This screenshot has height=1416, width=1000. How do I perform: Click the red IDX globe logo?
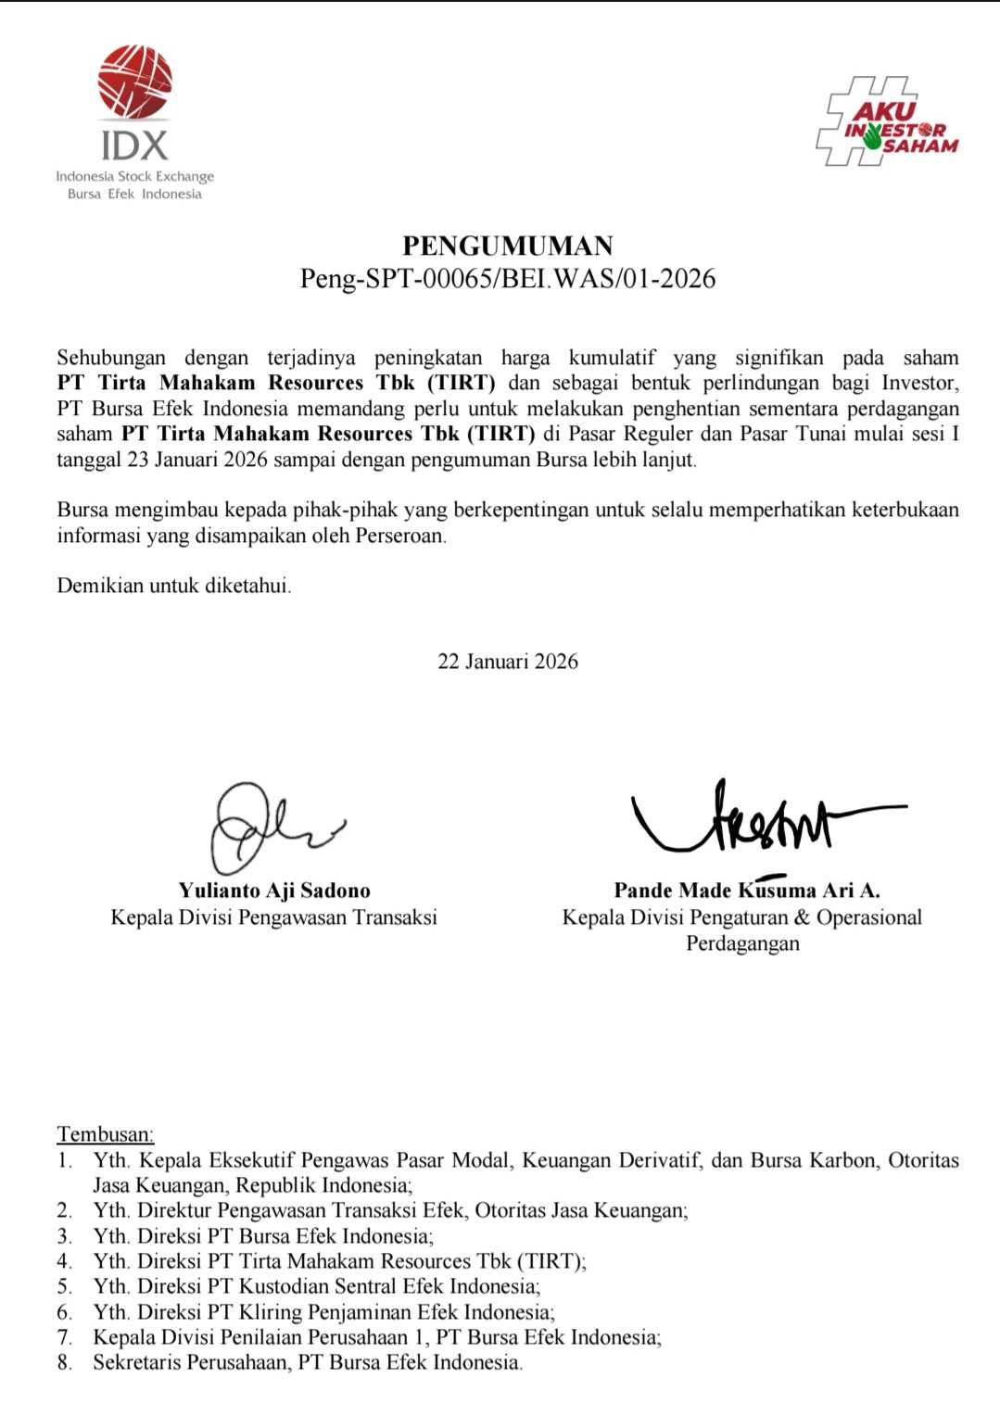[x=135, y=82]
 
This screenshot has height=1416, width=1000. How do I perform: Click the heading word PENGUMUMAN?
[x=508, y=246]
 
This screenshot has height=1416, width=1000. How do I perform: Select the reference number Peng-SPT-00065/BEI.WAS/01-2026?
[x=508, y=278]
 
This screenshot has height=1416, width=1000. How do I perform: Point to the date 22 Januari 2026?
[x=508, y=661]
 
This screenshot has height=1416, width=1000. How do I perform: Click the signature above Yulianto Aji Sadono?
[x=269, y=825]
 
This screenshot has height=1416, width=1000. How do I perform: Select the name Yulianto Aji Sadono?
[x=274, y=891]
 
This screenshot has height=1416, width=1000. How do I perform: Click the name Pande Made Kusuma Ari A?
[x=746, y=891]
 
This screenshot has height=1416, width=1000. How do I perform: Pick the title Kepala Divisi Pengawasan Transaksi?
[x=273, y=917]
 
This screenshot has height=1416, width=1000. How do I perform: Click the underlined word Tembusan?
[x=105, y=1134]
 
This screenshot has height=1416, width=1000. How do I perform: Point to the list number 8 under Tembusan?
[x=64, y=1362]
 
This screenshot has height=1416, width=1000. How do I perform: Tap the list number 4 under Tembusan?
[x=64, y=1261]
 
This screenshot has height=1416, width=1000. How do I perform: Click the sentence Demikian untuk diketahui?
[x=174, y=586]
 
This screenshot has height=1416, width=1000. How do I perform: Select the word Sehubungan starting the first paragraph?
[x=111, y=358]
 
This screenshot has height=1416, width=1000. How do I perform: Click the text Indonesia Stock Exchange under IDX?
[x=135, y=176]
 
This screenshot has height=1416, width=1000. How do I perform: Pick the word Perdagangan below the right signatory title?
[x=742, y=943]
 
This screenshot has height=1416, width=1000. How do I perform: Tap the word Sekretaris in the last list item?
[x=137, y=1362]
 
